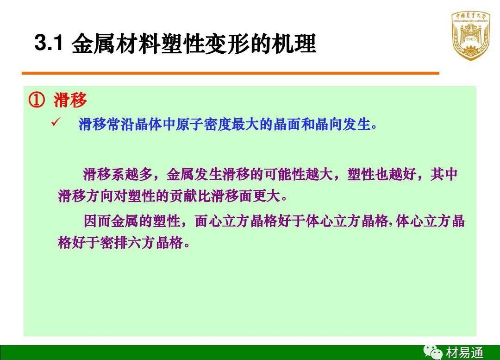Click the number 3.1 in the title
coord(49,43)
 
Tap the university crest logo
coord(471,35)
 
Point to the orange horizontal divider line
coord(230,73)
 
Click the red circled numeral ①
coord(37,100)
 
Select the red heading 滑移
coord(70,100)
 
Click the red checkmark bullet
coord(56,122)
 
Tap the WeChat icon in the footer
coord(432,352)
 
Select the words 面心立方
coord(222,221)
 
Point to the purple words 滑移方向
coord(86,196)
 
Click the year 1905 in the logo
coord(471,39)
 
